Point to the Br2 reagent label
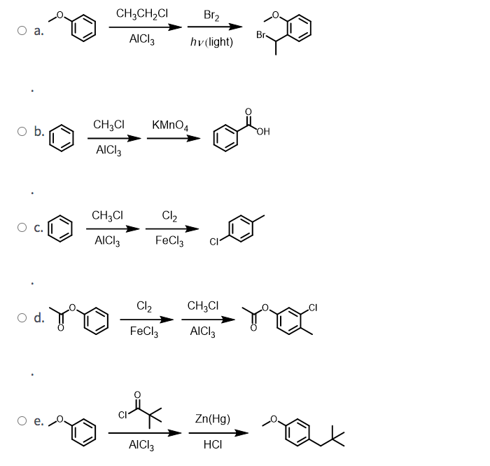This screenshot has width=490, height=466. (211, 15)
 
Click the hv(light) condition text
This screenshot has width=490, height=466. (211, 42)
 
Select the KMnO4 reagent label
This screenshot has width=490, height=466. (169, 125)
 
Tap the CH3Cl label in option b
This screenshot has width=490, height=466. (108, 125)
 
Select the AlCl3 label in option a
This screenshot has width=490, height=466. (143, 40)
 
